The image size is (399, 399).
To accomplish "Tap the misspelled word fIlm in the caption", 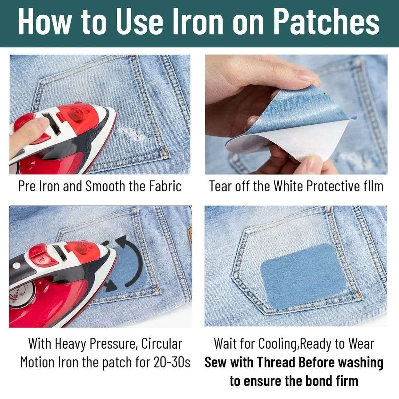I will click(371, 186).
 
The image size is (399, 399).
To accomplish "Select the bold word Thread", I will click(276, 362).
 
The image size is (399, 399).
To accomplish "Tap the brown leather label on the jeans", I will click(190, 236).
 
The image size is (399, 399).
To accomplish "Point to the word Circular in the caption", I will click(162, 344).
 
